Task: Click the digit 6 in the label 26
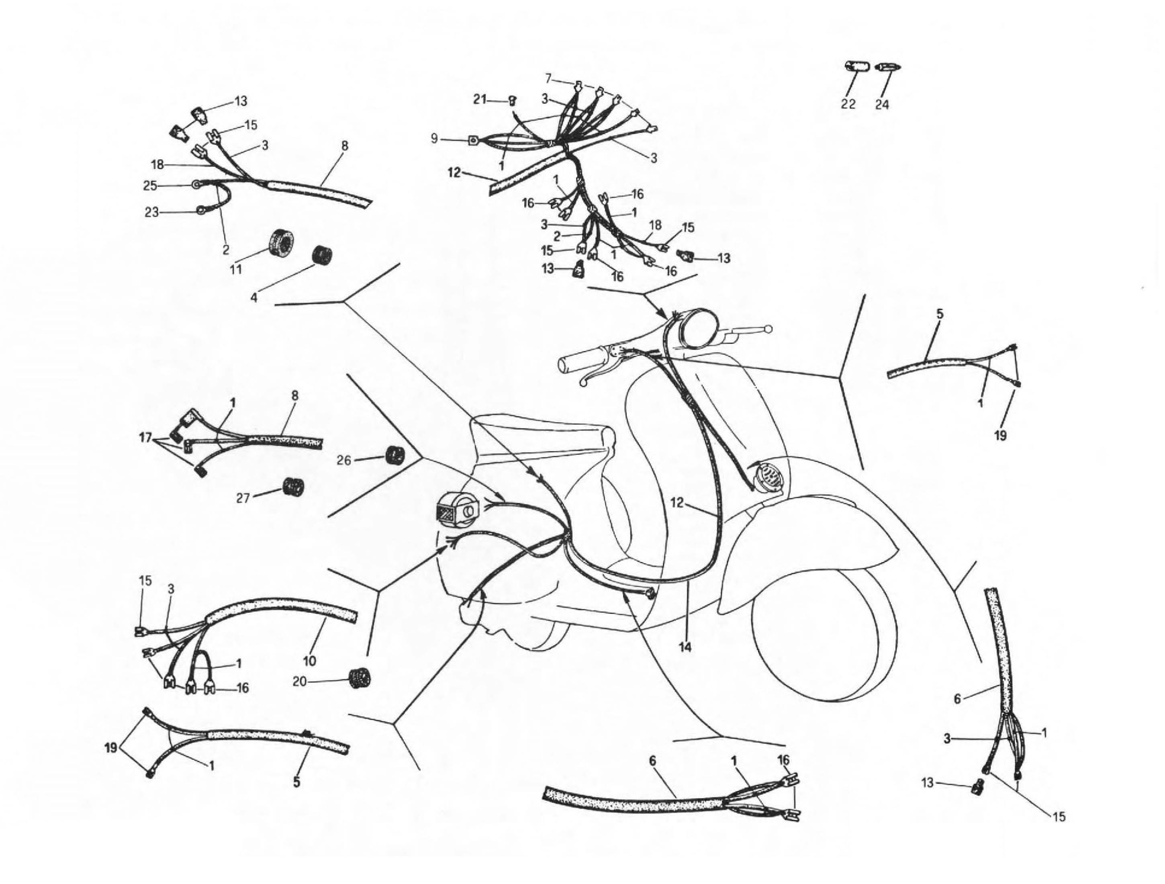click(347, 460)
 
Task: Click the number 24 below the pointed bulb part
click(882, 104)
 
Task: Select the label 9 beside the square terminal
click(434, 139)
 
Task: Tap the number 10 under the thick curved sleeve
click(309, 661)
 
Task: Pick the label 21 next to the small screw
click(479, 99)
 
